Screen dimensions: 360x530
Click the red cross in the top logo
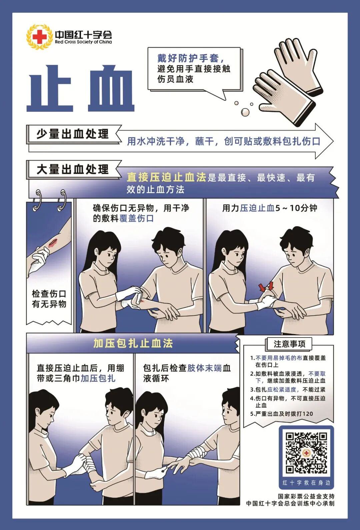pyautogui.click(x=40, y=37)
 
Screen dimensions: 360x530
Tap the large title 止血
pyautogui.click(x=80, y=88)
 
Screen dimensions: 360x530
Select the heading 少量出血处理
pyautogui.click(x=72, y=134)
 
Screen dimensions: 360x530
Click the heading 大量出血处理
pyautogui.click(x=72, y=170)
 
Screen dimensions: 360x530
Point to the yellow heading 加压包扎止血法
pyautogui.click(x=133, y=343)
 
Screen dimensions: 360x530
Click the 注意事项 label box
pyautogui.click(x=289, y=344)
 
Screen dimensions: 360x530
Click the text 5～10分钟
pyautogui.click(x=296, y=208)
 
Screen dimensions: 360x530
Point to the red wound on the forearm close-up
pyautogui.click(x=53, y=243)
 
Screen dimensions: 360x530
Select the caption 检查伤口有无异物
pyautogui.click(x=49, y=299)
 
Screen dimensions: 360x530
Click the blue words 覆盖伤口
pyautogui.click(x=137, y=218)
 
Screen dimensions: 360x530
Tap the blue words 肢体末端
pyautogui.click(x=204, y=368)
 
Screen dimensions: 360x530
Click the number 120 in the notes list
pyautogui.click(x=308, y=414)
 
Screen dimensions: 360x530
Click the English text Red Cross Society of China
pyautogui.click(x=83, y=42)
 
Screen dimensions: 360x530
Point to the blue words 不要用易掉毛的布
pyautogui.click(x=279, y=358)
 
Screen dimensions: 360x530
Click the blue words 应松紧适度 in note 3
pyautogui.click(x=281, y=389)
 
